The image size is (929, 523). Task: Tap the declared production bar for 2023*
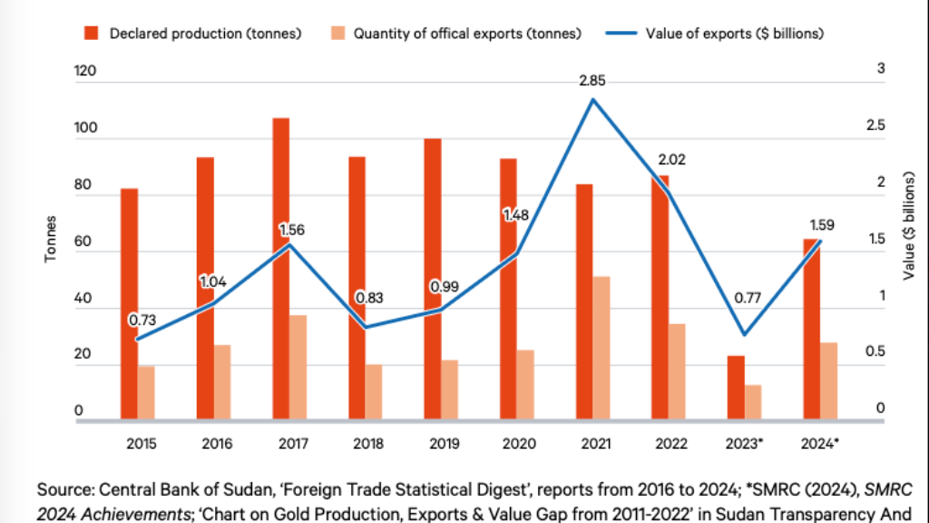coord(736,388)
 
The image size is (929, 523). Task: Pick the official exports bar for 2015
coord(146,393)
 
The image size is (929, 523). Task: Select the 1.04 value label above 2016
coord(213,282)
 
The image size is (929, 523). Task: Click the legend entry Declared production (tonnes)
coord(195,34)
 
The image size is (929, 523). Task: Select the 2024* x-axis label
coord(821,444)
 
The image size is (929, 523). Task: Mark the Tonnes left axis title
coord(51,238)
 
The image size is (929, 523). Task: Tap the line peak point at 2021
coord(592,99)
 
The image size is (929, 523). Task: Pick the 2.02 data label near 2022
coord(672,160)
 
